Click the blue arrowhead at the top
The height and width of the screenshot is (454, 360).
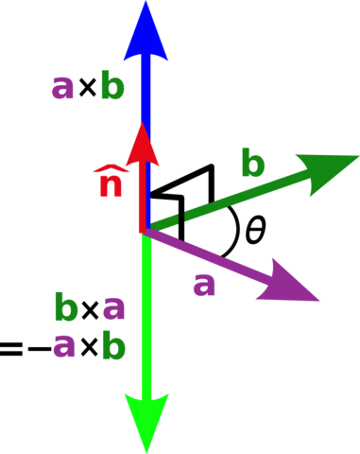coord(146,33)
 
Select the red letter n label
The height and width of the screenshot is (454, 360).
coord(111,186)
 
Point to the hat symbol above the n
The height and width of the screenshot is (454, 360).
coord(110,169)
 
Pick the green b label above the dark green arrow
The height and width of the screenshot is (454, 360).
coord(252,164)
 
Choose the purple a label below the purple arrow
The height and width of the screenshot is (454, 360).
coord(204,283)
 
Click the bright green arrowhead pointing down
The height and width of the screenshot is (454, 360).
coord(146,421)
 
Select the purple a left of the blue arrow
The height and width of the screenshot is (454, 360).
coord(62,87)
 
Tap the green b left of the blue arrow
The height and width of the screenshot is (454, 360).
coord(112,87)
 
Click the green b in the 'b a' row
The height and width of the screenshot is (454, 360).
coord(65,307)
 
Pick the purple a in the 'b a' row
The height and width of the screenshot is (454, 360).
coord(113,307)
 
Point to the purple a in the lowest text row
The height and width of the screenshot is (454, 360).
coord(63,346)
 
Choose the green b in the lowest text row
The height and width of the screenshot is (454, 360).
coord(113,346)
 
